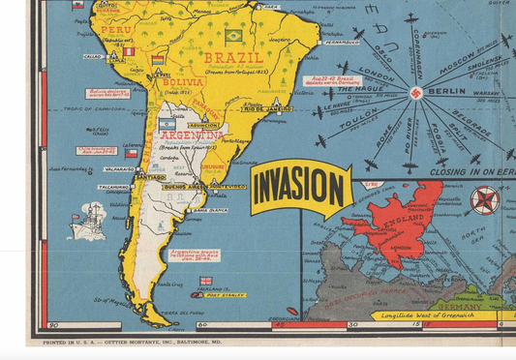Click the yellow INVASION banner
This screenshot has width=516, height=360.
(x=301, y=188)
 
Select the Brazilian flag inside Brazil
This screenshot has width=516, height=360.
(x=233, y=36)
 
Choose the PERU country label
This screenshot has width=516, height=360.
(x=115, y=30)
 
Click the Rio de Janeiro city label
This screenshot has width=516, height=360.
(x=268, y=108)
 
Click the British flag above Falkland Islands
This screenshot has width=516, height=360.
(x=205, y=281)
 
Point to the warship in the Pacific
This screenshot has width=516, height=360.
(x=88, y=220)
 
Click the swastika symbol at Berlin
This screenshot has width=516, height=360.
(x=416, y=94)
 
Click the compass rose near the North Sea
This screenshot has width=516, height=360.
(x=484, y=200)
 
